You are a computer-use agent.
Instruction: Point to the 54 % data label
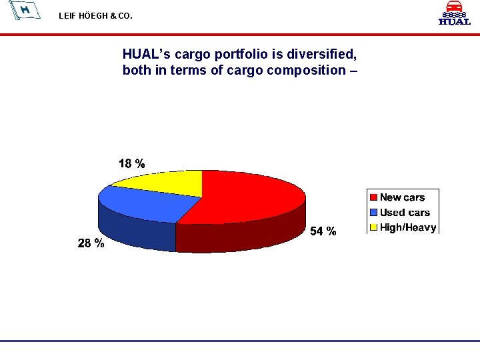[323, 231]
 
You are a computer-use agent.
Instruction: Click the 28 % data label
[91, 243]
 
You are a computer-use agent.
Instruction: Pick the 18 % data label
[131, 163]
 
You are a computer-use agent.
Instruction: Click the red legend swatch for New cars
[374, 197]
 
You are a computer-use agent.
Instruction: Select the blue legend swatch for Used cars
[374, 212]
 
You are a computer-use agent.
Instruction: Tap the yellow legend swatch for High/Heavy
[374, 227]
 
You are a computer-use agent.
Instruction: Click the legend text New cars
[402, 197]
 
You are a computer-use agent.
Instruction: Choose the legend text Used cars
[405, 212]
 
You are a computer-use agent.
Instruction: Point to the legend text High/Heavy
[408, 227]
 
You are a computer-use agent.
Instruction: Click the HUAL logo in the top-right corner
[454, 13]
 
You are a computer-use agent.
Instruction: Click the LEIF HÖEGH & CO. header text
[95, 15]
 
